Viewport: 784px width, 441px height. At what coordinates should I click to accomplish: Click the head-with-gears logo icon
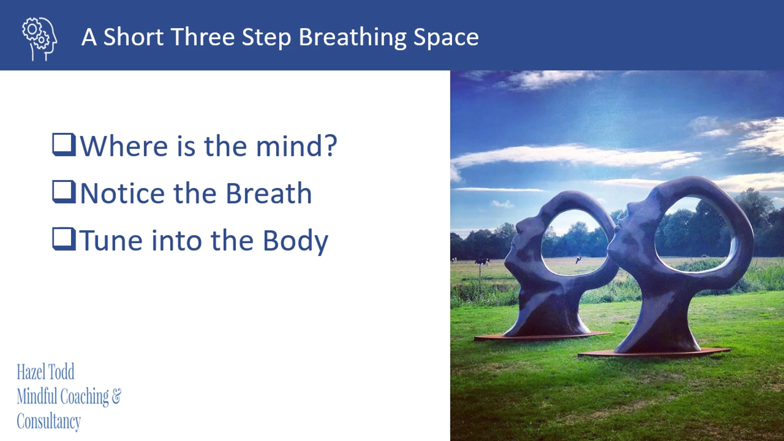tap(40, 39)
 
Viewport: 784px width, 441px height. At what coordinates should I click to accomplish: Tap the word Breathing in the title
tap(352, 38)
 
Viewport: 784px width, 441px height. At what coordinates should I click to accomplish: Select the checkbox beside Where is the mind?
tap(64, 144)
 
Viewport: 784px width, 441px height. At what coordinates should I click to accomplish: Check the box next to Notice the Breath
tap(64, 192)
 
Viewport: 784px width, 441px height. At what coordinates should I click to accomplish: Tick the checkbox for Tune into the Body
tap(64, 239)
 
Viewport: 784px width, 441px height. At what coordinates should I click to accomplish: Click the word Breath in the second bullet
tap(269, 193)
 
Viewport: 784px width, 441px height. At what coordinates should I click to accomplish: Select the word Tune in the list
tap(111, 240)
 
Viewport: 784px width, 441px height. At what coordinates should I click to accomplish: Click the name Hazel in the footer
tap(30, 372)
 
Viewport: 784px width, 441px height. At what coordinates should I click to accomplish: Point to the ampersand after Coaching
tap(116, 396)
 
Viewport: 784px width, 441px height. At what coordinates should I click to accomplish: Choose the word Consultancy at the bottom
tap(49, 422)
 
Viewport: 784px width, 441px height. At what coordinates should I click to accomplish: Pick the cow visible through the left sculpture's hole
tap(578, 260)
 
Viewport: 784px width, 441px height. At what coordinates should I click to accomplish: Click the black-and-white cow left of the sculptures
tap(482, 261)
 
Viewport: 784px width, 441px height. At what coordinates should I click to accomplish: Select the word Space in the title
tap(446, 38)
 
